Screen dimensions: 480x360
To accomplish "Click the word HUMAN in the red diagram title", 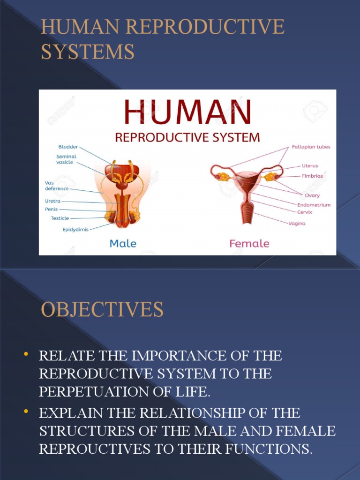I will tap(187, 112).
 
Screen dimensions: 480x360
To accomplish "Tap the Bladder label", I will tap(68, 147).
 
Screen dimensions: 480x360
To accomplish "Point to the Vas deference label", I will tap(57, 186).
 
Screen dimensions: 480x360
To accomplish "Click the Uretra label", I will tap(52, 201).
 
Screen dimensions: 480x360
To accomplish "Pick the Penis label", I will tap(52, 209).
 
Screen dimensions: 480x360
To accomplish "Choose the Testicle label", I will tap(60, 218).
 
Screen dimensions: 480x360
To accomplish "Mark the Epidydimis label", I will tap(75, 230).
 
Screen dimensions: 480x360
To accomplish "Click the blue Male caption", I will tap(123, 243).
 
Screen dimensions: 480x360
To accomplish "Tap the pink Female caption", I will tap(249, 243).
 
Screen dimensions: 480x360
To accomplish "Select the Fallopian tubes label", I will tap(311, 147).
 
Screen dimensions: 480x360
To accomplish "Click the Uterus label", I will tap(309, 166).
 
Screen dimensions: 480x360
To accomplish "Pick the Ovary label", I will tap(312, 195).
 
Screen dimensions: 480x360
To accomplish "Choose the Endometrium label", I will tap(314, 205).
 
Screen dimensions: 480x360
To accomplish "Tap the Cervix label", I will tap(305, 212).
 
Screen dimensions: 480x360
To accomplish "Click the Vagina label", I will tap(297, 224).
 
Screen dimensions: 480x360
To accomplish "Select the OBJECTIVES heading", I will tap(102, 310).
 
